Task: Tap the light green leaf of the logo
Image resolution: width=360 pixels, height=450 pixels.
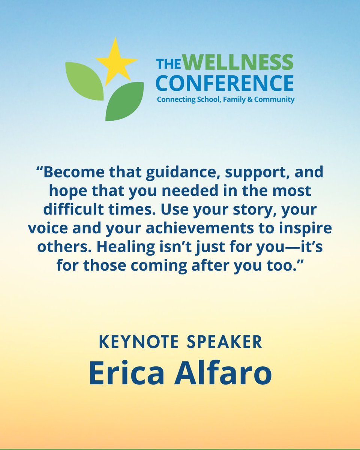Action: pos(84,81)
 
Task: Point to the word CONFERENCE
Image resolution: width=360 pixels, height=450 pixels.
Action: pos(225,83)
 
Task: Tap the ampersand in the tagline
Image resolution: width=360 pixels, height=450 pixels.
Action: pos(247,100)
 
